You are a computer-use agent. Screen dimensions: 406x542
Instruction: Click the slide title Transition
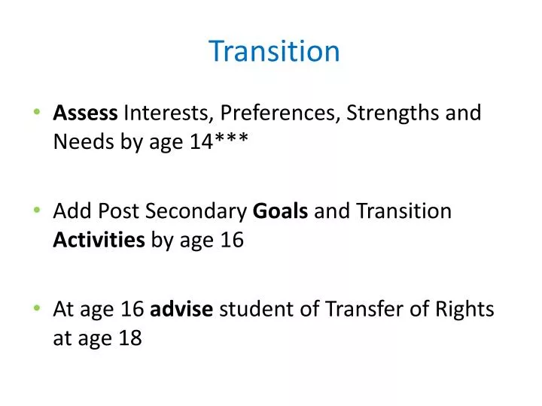click(274, 51)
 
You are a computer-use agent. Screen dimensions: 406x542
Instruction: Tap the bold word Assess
click(85, 114)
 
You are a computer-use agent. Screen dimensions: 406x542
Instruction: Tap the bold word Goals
click(280, 211)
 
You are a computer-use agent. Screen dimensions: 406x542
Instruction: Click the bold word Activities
click(99, 240)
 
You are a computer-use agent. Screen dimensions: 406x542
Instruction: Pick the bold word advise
click(183, 310)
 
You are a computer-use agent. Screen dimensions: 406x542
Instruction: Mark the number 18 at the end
click(129, 338)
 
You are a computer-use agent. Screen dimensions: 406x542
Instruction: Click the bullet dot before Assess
click(38, 114)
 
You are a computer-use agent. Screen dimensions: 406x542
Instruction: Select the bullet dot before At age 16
click(38, 310)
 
